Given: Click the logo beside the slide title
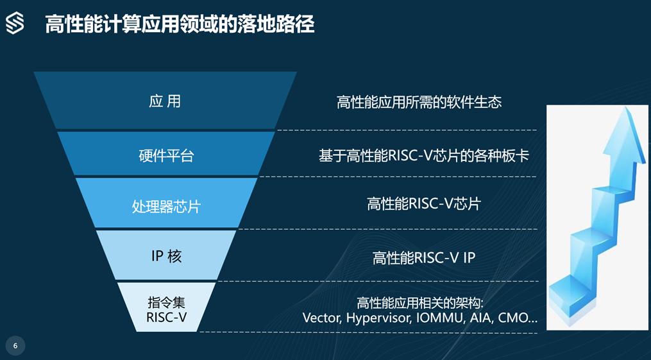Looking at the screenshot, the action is coord(15,23).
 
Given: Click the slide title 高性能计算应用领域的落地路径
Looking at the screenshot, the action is coord(180,24).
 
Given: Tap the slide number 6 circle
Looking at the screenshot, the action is coord(15,346).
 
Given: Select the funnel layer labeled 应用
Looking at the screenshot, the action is coord(165,101).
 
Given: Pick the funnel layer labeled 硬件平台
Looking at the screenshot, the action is coord(166,153).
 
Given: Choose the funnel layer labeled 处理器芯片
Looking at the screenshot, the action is coord(166,203).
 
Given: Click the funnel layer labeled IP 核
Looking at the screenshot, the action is coord(166,255).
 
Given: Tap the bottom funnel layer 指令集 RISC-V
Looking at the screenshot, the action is coord(167,307).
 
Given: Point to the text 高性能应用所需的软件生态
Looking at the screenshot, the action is coord(419,102).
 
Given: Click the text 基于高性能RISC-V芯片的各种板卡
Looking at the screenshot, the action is coord(424,156).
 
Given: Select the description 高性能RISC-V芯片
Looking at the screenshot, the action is coord(424,204).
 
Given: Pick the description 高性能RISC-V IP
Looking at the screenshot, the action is coord(424,258).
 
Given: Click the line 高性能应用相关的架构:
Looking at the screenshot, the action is coord(419,303).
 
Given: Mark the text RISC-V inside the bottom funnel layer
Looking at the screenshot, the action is coord(167,317).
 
